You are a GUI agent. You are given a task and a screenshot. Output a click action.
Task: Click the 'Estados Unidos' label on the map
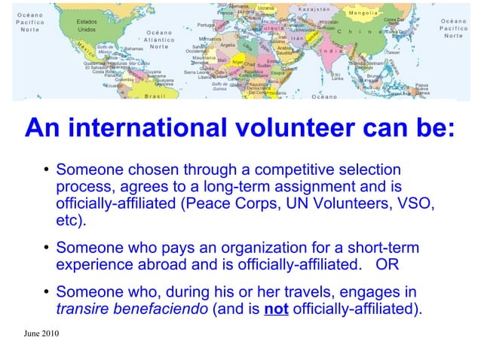[87, 26]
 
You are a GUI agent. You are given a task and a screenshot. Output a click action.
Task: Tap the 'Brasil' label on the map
[155, 96]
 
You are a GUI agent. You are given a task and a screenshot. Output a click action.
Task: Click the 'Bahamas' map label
[133, 47]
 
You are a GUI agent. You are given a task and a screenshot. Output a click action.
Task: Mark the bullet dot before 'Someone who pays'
[46, 249]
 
